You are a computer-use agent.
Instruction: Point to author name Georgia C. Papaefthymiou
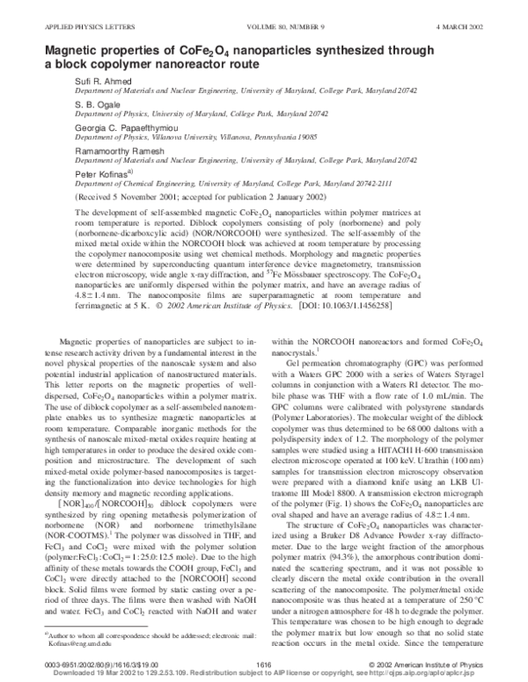point(127,127)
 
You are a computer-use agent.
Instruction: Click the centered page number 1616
point(263,664)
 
